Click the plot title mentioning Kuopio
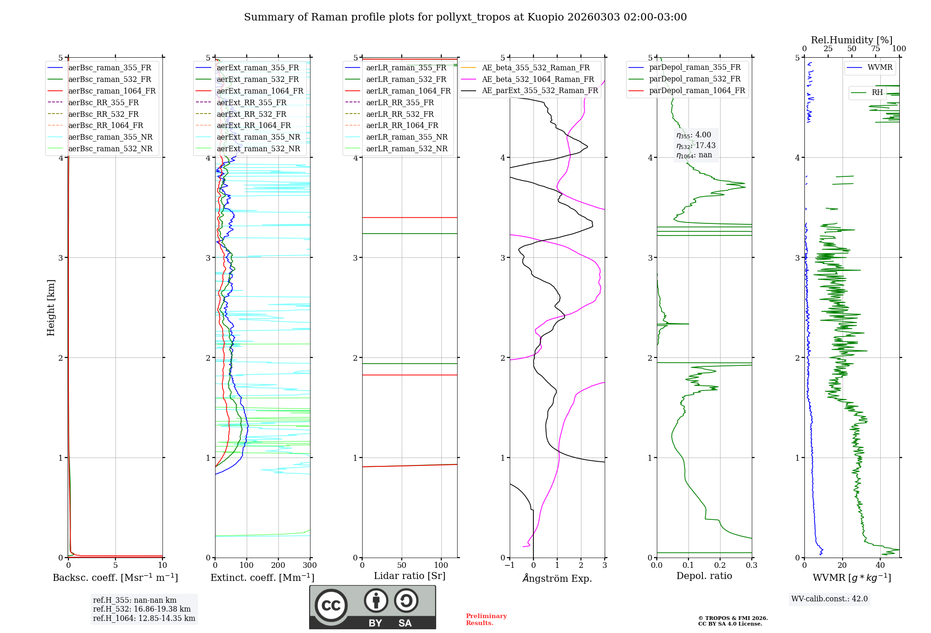point(465,17)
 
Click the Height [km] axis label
point(51,307)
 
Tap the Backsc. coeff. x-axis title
point(115,578)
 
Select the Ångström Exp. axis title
point(557,579)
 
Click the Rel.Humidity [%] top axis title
point(851,40)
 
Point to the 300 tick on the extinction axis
point(310,566)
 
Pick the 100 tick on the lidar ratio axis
point(441,566)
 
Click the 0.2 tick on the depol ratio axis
point(720,566)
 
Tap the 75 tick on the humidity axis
point(875,49)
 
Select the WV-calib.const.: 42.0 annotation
point(830,599)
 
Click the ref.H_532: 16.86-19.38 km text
point(142,609)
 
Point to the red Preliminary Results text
point(486,619)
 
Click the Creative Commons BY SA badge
point(372,607)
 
